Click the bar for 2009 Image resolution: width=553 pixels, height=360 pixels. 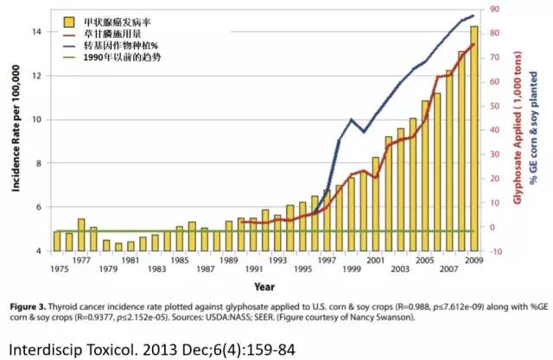(474, 138)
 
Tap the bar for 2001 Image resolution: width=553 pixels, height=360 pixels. (375, 204)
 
